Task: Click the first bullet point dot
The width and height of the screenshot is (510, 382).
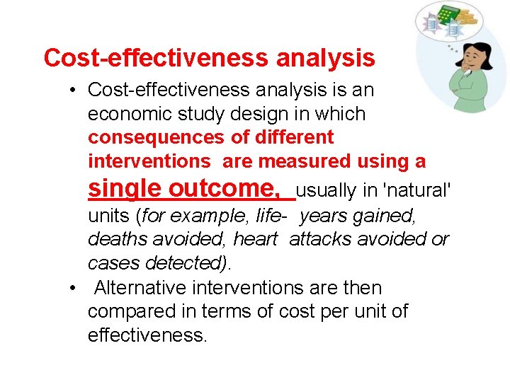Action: tap(74, 91)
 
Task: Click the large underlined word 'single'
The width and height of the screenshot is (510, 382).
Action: tap(125, 189)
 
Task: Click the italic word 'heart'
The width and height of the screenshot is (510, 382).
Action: tap(255, 239)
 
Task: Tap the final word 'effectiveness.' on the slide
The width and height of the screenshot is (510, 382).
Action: tap(148, 335)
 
